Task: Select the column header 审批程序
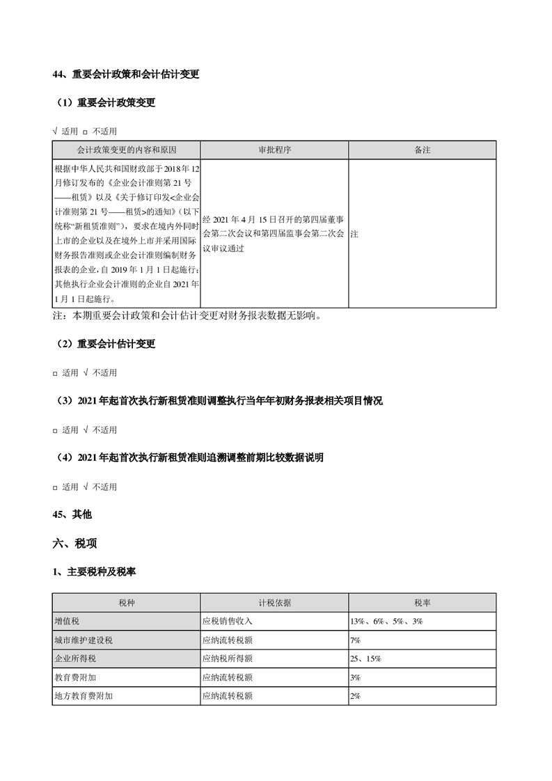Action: (x=274, y=150)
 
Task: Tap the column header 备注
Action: (x=422, y=150)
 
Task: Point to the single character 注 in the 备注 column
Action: (x=354, y=235)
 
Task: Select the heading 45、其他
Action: (x=72, y=514)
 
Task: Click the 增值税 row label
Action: (x=68, y=621)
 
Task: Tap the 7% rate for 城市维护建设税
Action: (x=355, y=640)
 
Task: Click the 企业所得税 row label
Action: (x=72, y=658)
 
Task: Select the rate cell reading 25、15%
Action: (x=365, y=658)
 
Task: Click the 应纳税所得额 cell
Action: (x=227, y=658)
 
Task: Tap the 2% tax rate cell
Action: (x=355, y=695)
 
